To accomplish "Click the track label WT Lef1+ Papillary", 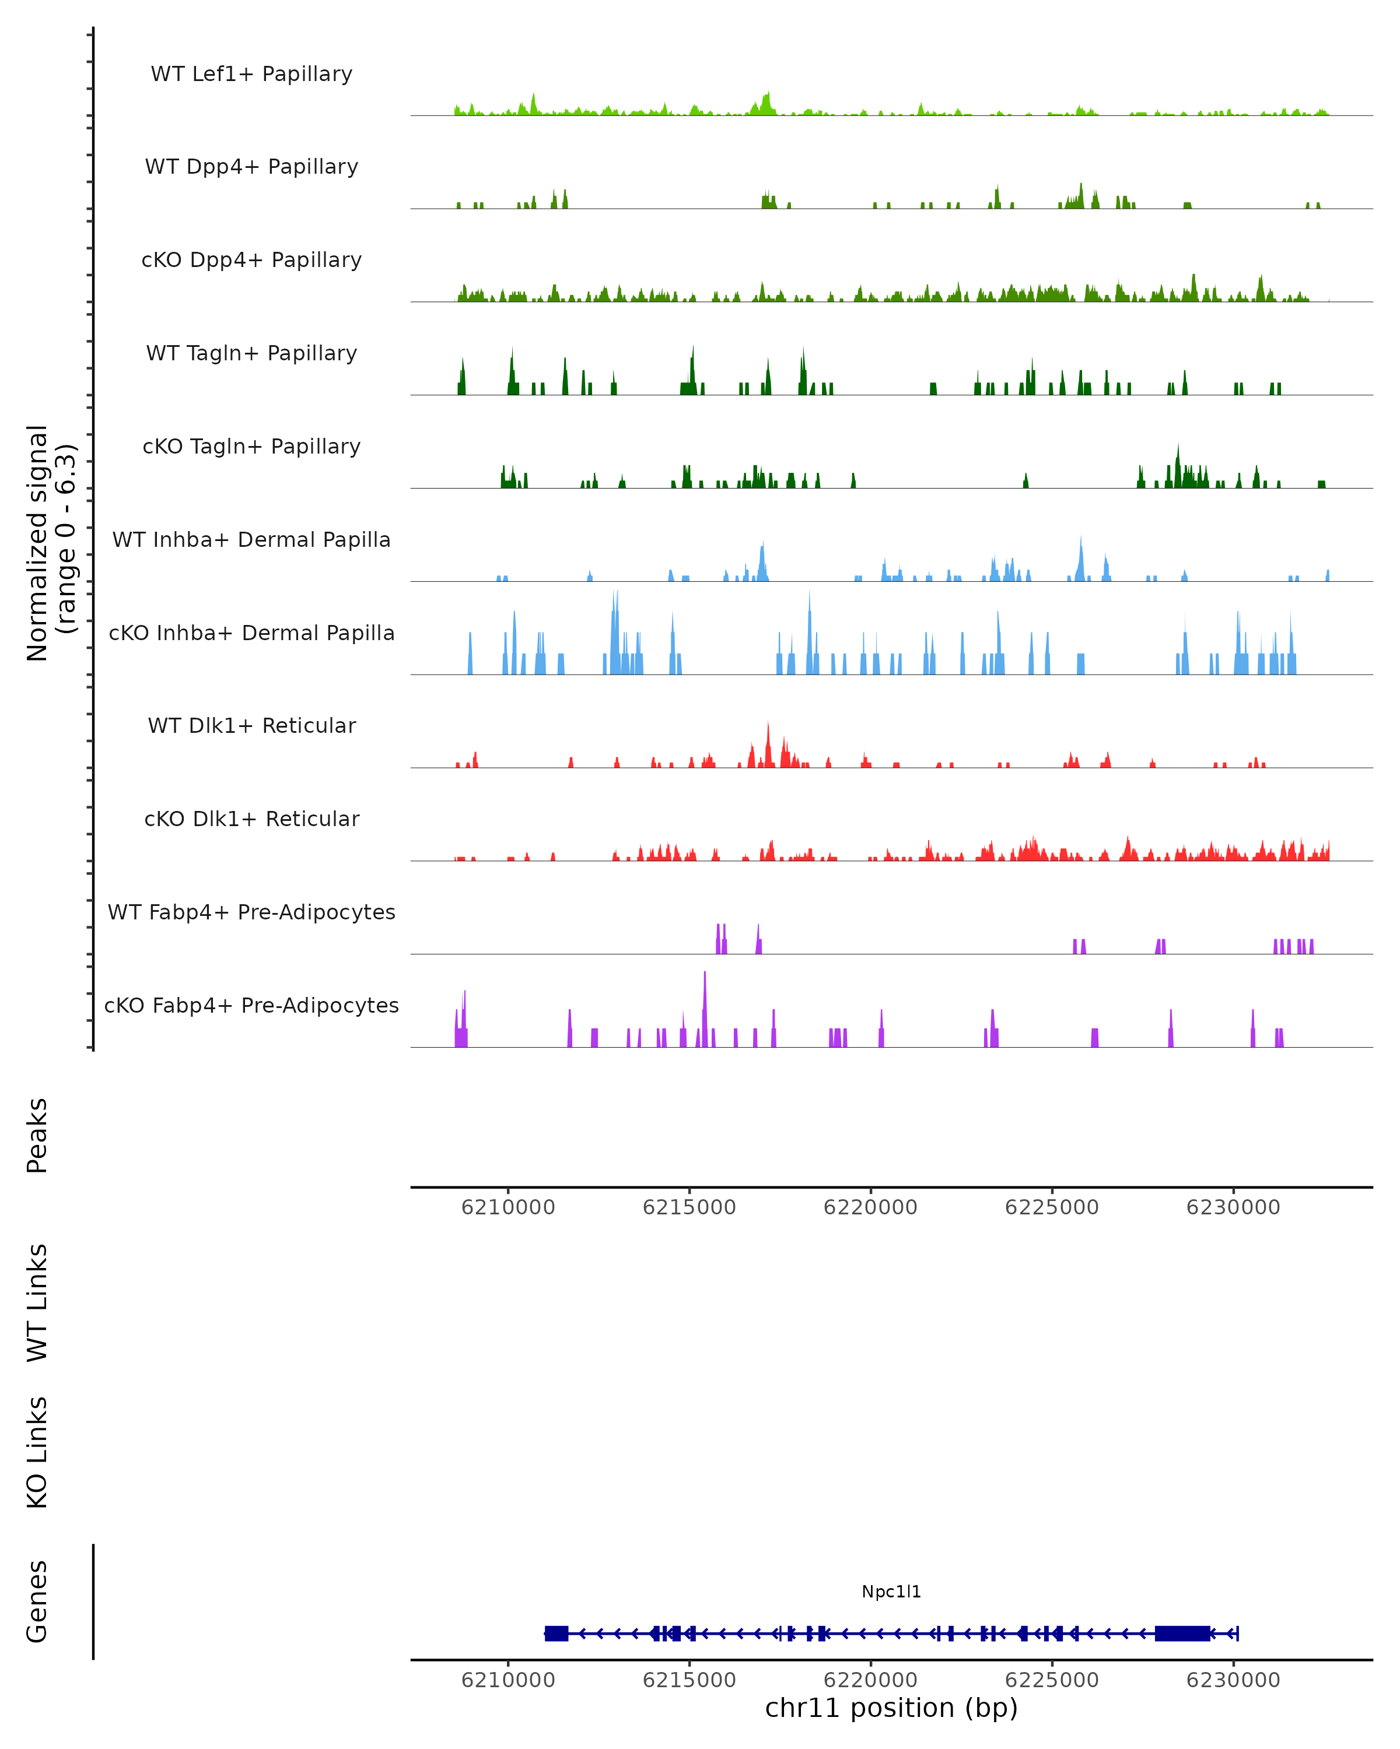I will coord(251,74).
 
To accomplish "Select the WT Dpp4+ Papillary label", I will coord(251,167).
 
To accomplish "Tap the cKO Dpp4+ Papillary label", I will coord(251,261).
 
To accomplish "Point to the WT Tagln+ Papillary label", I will coord(251,354).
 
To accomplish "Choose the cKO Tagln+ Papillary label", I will coord(251,447).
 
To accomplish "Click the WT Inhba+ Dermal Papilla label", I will coord(251,540).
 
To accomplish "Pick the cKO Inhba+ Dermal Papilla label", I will coord(251,634).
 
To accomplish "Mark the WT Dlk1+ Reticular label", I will coord(251,726).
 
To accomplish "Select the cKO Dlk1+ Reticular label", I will coord(251,819).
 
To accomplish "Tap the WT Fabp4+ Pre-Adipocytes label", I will coord(251,912).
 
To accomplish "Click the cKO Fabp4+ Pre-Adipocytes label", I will coord(251,1006).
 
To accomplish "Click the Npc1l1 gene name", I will coord(891,1592).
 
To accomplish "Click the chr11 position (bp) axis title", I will coord(891,1708).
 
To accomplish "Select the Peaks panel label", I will coord(37,1135).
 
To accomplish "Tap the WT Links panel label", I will coord(37,1302).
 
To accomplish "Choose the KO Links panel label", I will coord(37,1452).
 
